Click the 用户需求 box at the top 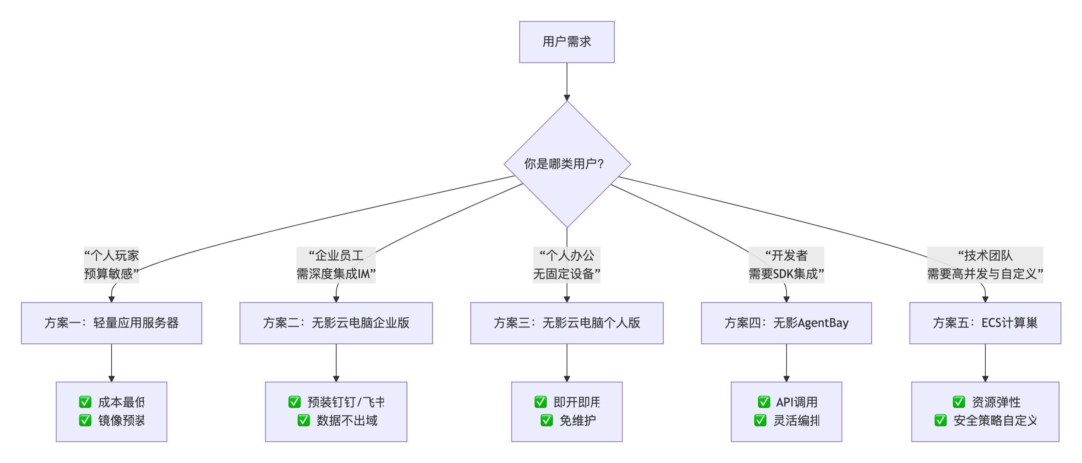(567, 42)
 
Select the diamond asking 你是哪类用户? (567, 164)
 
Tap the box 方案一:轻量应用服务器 (111, 323)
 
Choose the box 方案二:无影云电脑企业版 (336, 323)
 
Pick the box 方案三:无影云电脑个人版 (567, 323)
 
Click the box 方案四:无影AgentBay (786, 323)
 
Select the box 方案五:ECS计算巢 (985, 323)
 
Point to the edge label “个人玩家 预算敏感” (111, 265)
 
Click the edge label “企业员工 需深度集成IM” (336, 265)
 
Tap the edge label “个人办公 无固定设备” (567, 265)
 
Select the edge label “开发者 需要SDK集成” (786, 265)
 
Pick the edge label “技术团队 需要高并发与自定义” (985, 265)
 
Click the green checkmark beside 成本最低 (85, 402)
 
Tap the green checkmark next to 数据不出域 (303, 420)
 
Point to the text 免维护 (578, 420)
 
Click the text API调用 (796, 402)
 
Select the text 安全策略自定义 (995, 420)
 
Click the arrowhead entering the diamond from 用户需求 (567, 98)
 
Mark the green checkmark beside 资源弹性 (959, 402)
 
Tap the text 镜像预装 (121, 420)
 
